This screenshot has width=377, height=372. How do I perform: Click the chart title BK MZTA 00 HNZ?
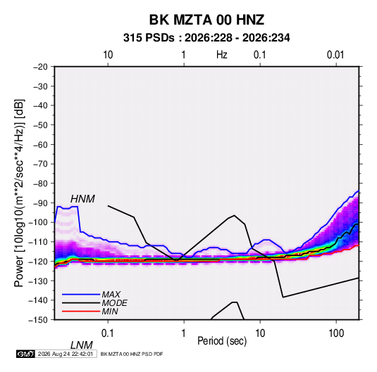[x=206, y=20]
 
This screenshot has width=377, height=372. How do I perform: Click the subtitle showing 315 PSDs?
[x=206, y=38]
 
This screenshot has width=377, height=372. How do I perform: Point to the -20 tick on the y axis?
[x=40, y=67]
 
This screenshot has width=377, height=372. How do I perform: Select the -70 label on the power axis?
[x=40, y=164]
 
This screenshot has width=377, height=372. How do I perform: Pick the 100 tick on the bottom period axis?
[x=336, y=333]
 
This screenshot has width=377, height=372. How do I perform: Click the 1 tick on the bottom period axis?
[x=184, y=333]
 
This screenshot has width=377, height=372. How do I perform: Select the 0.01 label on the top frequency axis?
[x=335, y=55]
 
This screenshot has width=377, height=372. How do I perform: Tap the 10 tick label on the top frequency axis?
[x=108, y=55]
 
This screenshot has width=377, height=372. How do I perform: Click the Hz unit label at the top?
[x=222, y=55]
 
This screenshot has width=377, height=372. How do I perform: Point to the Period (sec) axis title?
[x=222, y=341]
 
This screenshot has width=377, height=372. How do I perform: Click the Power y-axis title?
[x=19, y=193]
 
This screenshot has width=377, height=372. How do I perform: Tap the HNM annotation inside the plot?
[x=82, y=199]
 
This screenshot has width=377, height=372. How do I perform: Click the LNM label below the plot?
[x=82, y=345]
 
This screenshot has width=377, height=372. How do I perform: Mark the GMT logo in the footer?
[x=26, y=354]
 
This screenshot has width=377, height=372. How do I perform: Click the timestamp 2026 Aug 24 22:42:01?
[x=66, y=354]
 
